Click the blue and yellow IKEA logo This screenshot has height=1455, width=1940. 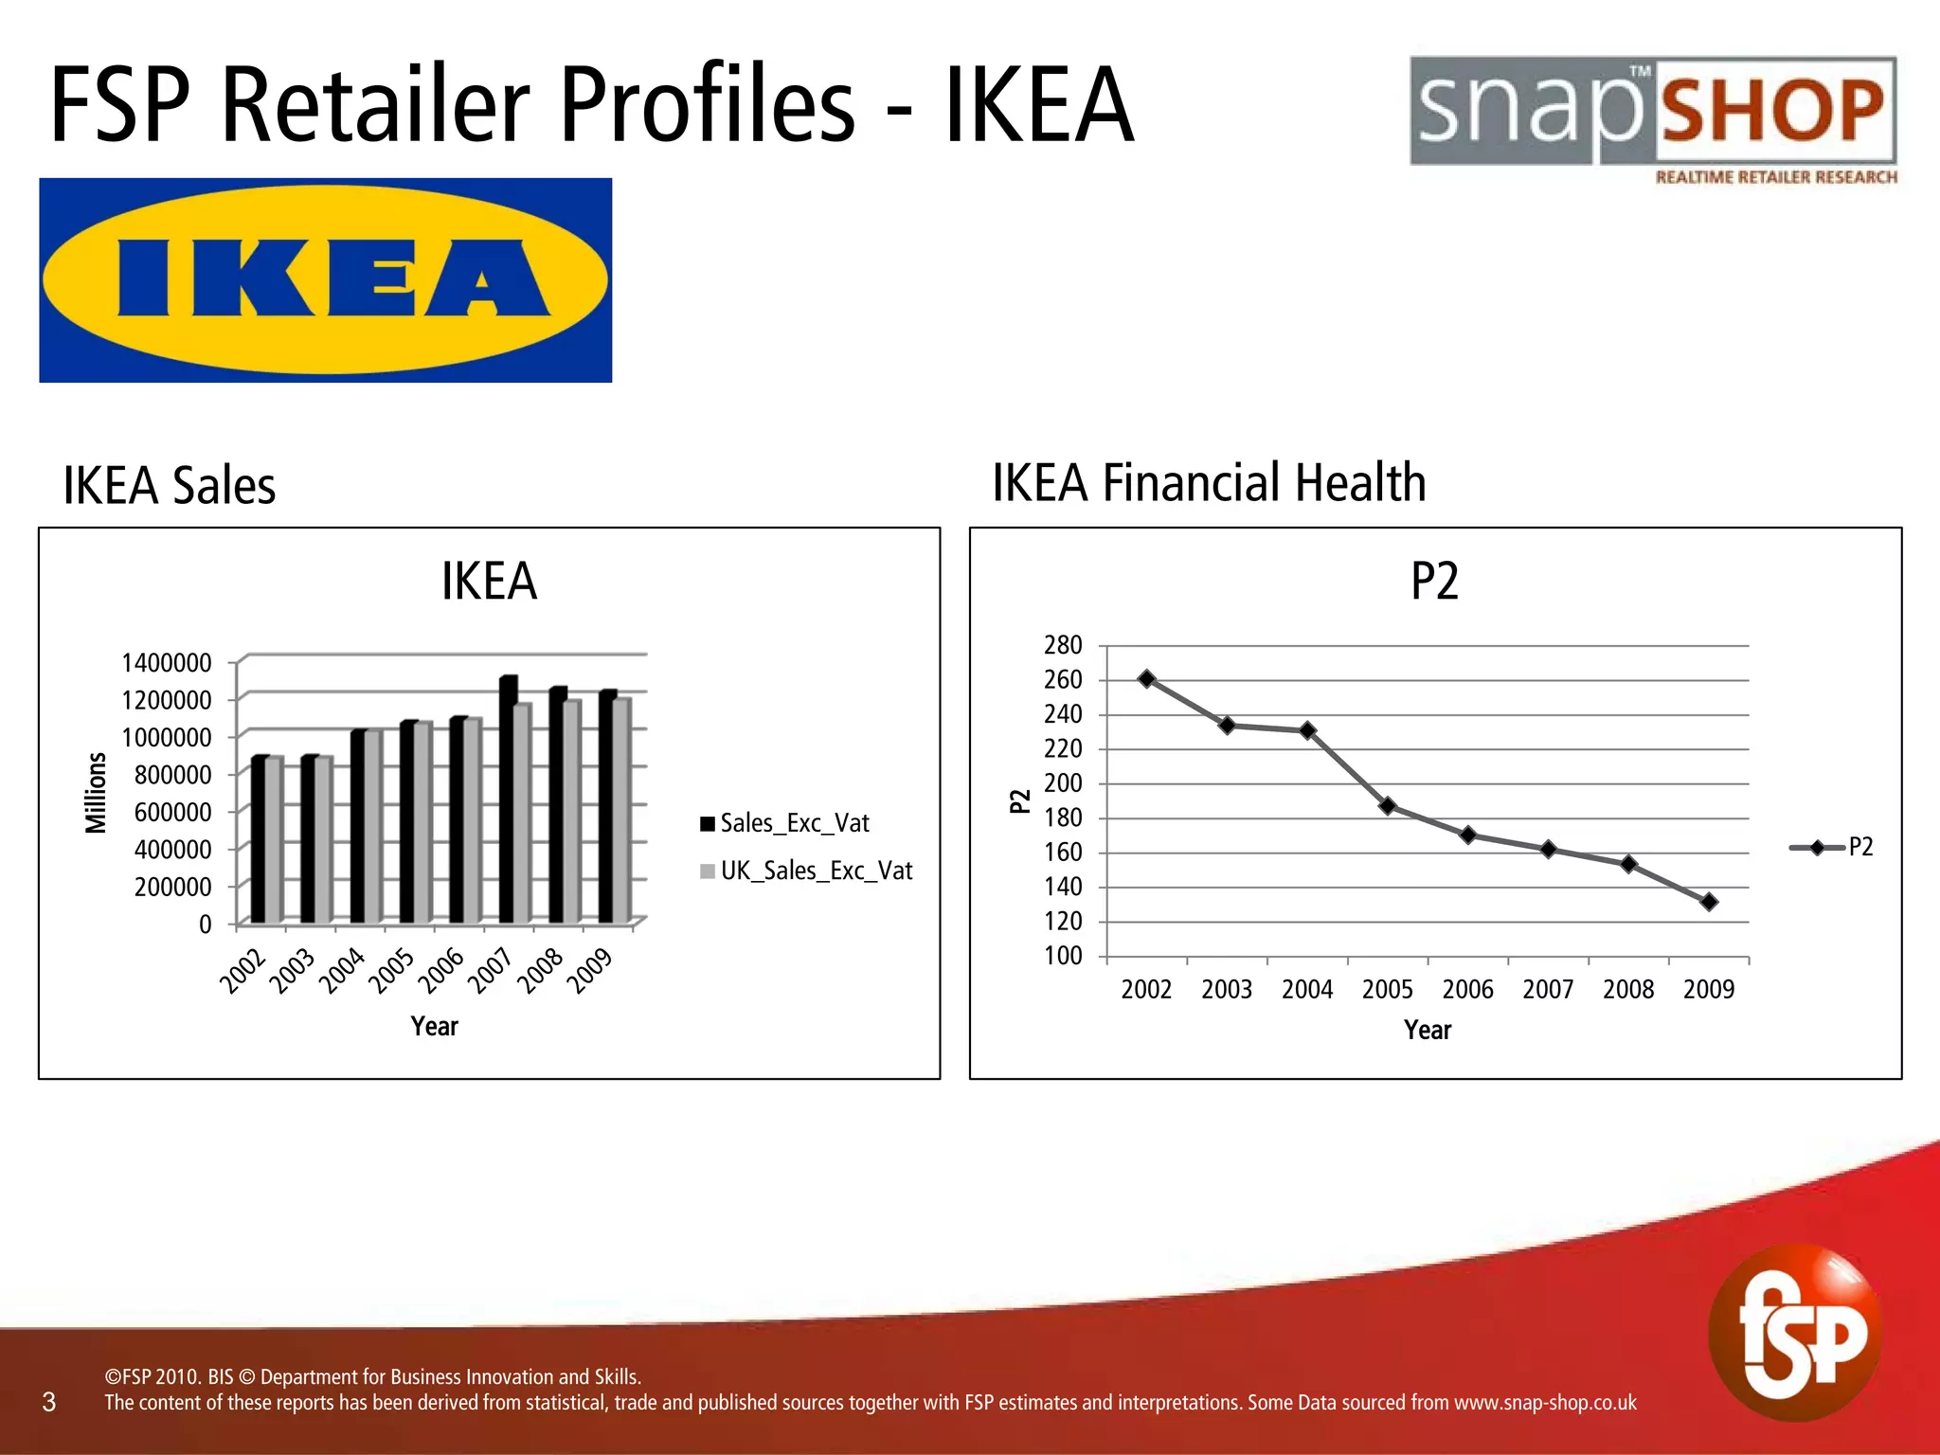(325, 280)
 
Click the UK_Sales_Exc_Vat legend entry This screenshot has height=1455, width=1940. (806, 871)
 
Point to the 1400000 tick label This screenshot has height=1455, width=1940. (167, 662)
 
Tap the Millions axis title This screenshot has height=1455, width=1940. (96, 793)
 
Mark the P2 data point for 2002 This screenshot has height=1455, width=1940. (1146, 679)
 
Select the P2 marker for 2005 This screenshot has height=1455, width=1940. (1388, 806)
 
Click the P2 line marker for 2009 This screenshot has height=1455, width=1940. (1709, 902)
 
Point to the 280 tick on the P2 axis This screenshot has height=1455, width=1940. (1063, 645)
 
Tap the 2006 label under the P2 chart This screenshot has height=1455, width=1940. (1467, 990)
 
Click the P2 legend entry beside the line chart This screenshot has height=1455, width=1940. (1832, 847)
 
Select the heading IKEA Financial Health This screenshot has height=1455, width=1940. (1209, 483)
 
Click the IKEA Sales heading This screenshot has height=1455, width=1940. (170, 486)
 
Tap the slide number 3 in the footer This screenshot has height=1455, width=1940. (49, 1402)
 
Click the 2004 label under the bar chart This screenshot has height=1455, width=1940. (342, 971)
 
